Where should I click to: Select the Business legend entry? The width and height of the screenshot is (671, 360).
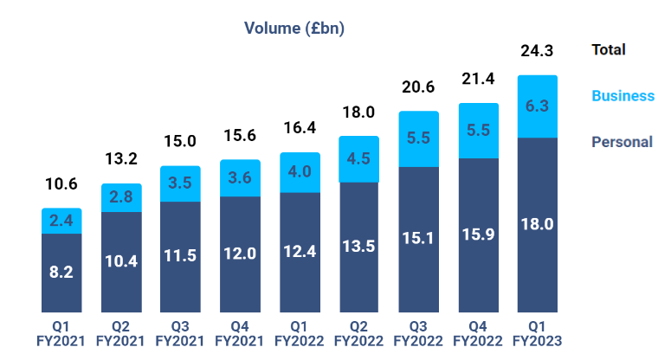tap(623, 95)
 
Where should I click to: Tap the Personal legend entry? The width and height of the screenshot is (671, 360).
tap(623, 141)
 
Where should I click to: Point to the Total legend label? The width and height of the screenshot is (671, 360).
tap(609, 50)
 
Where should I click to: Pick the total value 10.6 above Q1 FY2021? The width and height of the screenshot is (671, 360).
tap(61, 184)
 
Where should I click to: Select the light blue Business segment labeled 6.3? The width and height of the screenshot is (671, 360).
tap(537, 106)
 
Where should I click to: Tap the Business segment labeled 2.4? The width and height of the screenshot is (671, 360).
tap(61, 222)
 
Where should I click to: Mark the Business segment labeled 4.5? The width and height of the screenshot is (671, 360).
tap(358, 159)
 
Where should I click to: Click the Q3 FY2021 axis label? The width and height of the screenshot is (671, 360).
tap(180, 334)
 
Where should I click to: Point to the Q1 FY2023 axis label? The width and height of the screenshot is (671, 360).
tap(537, 334)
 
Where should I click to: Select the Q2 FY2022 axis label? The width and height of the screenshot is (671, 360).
tap(358, 334)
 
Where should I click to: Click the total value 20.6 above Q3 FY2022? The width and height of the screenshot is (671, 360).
tap(418, 87)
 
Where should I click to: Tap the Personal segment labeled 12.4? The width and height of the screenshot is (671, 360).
tap(300, 251)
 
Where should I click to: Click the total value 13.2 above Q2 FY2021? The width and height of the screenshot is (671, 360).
tap(121, 159)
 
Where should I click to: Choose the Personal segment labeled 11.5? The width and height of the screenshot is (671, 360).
tap(180, 256)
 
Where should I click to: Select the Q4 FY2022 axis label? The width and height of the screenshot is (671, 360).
tap(478, 334)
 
